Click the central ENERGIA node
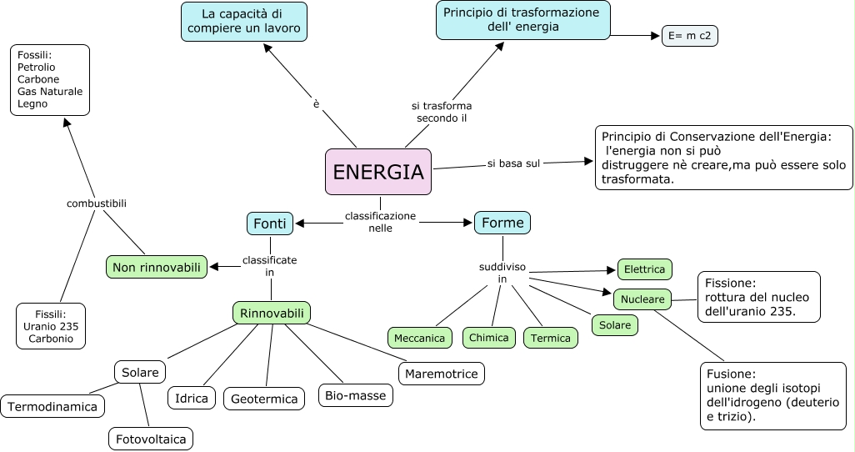377,172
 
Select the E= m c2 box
689,36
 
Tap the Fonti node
269,223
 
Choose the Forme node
502,223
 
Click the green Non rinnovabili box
157,267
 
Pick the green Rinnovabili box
272,313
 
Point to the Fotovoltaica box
151,438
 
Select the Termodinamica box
53,407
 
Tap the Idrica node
192,398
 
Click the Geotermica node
264,399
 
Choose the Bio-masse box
356,395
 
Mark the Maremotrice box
442,374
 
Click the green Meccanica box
420,338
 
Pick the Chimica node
489,338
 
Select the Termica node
551,338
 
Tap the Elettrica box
645,269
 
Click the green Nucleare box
642,299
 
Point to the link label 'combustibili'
97,203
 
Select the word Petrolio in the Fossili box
36,67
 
